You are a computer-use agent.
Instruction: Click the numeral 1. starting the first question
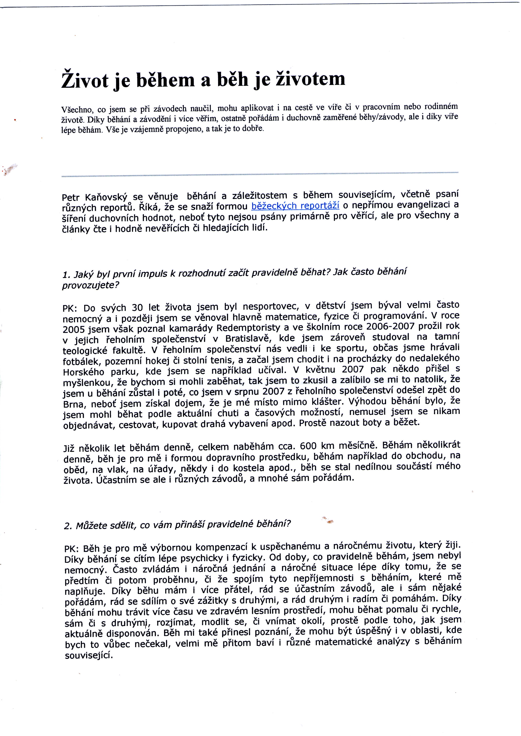[66, 275]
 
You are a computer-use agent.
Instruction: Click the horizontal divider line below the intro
[260, 175]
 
